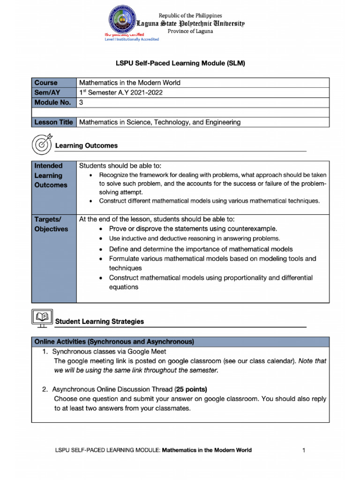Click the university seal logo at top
pos(124,22)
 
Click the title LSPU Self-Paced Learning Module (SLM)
pos(180,62)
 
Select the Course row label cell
pos(46,82)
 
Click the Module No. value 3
pos(81,102)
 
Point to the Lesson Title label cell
pos(53,122)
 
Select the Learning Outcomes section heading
pos(86,146)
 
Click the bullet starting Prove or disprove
pos(193,229)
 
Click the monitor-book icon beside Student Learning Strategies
pos(41,319)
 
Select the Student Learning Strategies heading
pos(99,322)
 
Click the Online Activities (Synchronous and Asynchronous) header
pos(114,341)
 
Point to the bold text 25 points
pos(191,389)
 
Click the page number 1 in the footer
pos(304,450)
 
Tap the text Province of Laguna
pos(190,31)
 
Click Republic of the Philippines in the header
pos(190,15)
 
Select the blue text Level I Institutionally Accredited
pos(131,39)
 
